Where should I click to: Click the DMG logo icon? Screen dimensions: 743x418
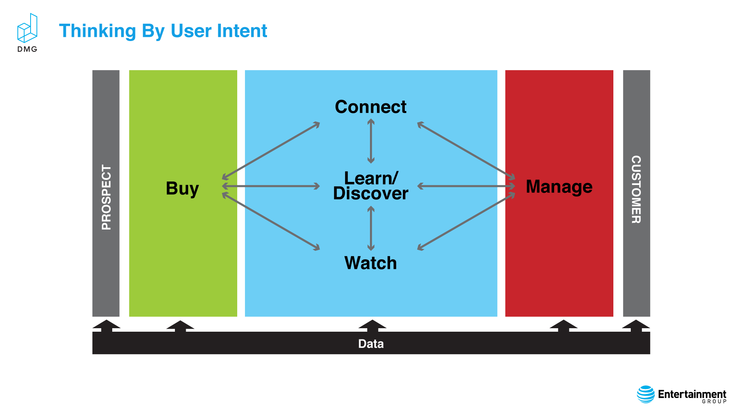(27, 28)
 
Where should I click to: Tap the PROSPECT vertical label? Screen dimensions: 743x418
(106, 197)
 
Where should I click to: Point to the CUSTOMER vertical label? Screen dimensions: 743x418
(636, 190)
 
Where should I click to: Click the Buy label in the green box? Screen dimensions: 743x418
(182, 189)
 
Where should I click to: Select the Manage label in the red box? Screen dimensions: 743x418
(559, 187)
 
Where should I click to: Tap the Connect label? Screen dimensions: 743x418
(371, 107)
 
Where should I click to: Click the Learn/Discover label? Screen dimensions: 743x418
(371, 186)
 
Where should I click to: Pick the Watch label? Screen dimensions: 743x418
(371, 263)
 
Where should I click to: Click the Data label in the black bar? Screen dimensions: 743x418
(371, 344)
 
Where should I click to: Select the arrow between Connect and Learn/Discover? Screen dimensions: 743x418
(371, 141)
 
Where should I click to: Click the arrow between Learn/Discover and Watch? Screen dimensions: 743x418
(371, 228)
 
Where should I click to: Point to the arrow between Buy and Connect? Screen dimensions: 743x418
(271, 151)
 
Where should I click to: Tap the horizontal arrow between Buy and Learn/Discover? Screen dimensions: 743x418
(271, 186)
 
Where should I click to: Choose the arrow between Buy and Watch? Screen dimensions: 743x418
(271, 221)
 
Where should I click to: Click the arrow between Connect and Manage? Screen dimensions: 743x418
(466, 151)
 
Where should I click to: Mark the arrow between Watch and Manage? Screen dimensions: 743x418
(466, 221)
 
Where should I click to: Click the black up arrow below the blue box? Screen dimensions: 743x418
(372, 326)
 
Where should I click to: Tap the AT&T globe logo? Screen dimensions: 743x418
(646, 394)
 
